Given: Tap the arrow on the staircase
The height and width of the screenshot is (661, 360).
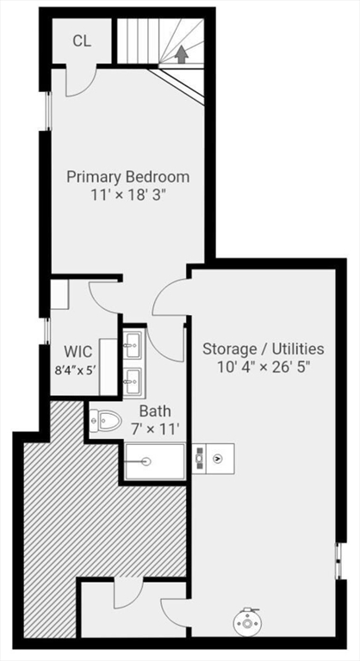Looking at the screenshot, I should pos(182,53).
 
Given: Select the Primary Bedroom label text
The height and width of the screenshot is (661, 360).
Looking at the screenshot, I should pos(128,177).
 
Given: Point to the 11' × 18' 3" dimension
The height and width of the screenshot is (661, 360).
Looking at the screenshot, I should pos(128,195).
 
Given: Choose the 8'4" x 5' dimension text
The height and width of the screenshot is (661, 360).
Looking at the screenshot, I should pos(74,373).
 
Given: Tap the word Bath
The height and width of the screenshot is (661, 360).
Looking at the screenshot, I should pos(154,411).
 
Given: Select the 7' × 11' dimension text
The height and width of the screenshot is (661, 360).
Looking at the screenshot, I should pos(154,428).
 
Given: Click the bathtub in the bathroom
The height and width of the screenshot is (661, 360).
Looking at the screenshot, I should pos(155,461).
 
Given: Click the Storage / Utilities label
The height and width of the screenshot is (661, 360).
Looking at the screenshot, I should pos(263,349).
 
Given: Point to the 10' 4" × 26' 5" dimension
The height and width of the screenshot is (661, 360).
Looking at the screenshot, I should pos(263,367).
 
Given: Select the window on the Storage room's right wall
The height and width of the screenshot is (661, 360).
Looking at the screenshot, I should pos(338,562).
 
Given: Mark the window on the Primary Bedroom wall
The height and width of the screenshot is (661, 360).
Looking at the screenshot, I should pos(48,110).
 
